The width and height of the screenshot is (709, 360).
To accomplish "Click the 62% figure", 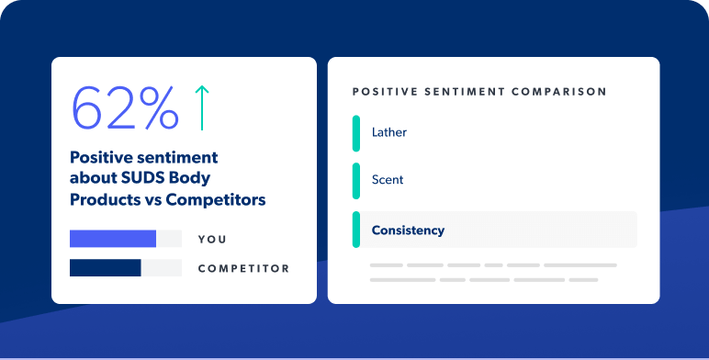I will pyautogui.click(x=125, y=108).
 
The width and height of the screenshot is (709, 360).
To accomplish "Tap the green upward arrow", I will pyautogui.click(x=202, y=107).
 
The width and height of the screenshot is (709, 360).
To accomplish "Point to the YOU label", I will pyautogui.click(x=212, y=240).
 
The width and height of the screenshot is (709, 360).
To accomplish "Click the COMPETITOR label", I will pyautogui.click(x=243, y=269).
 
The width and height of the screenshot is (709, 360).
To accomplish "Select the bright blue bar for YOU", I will pyautogui.click(x=113, y=240).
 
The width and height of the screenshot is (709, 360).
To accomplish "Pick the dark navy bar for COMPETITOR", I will pyautogui.click(x=106, y=268).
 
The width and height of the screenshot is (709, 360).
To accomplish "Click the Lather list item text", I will pyautogui.click(x=389, y=132).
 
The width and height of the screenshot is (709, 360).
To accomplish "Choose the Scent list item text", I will pyautogui.click(x=388, y=181).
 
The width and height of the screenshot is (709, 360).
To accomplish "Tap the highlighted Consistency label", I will pyautogui.click(x=408, y=231).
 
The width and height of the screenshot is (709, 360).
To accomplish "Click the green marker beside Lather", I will pyautogui.click(x=356, y=132).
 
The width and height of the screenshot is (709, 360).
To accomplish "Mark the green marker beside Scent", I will pyautogui.click(x=356, y=181).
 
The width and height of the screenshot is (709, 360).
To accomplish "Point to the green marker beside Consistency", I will pyautogui.click(x=356, y=230).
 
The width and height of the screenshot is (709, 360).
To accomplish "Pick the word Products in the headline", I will pyautogui.click(x=104, y=198).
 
